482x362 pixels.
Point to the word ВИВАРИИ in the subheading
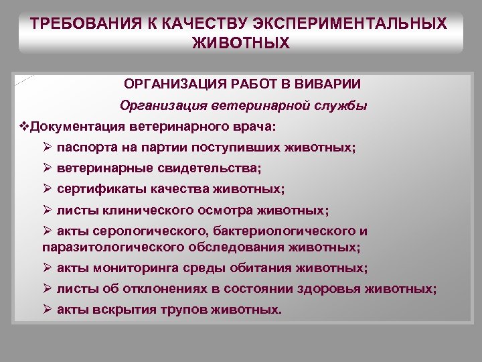click(x=329, y=84)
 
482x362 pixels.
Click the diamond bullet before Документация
click(x=25, y=127)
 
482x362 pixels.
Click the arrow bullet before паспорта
click(x=47, y=147)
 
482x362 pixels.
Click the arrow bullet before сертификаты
click(x=47, y=189)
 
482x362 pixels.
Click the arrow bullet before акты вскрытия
click(x=47, y=310)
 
